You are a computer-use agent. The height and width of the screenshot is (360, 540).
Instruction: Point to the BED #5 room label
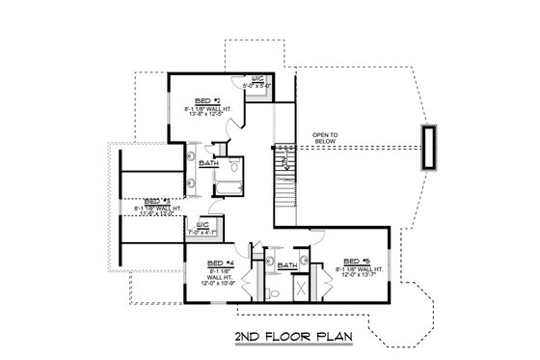357,261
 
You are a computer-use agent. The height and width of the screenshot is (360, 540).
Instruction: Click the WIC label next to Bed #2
258,78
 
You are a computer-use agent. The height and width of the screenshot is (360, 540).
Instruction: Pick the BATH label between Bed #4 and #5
286,265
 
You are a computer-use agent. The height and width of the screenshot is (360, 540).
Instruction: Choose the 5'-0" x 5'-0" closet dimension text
259,86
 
